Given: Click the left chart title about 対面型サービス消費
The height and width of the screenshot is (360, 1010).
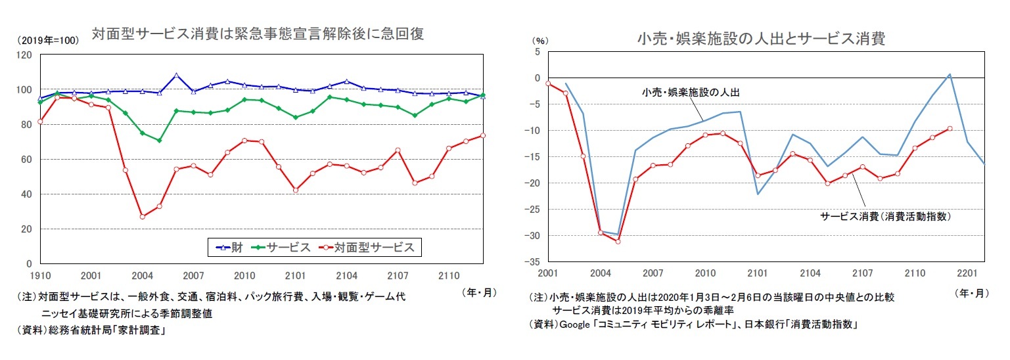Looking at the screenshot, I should [258, 34].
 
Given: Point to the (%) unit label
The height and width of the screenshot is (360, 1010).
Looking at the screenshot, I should [539, 40].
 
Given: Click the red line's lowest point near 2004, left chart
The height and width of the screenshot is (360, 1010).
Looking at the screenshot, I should [142, 216].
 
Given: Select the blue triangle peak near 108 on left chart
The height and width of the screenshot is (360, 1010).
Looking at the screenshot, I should [176, 75].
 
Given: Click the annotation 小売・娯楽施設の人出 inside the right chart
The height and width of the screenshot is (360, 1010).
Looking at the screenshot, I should [691, 93].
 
